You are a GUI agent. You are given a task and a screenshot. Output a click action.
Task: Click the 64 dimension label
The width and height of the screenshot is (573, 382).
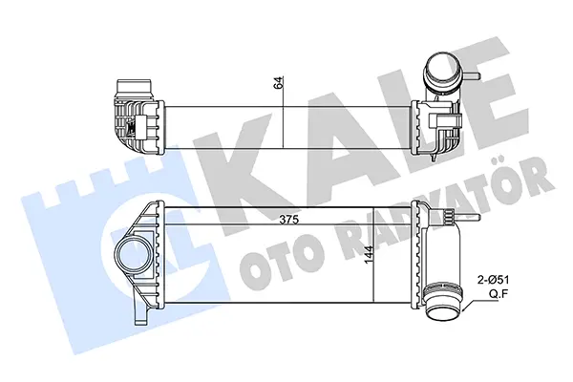(x=279, y=83)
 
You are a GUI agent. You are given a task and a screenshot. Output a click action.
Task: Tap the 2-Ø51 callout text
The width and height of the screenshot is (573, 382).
(x=494, y=281)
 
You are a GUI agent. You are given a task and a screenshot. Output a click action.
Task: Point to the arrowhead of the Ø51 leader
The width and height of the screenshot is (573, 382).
(x=464, y=310)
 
